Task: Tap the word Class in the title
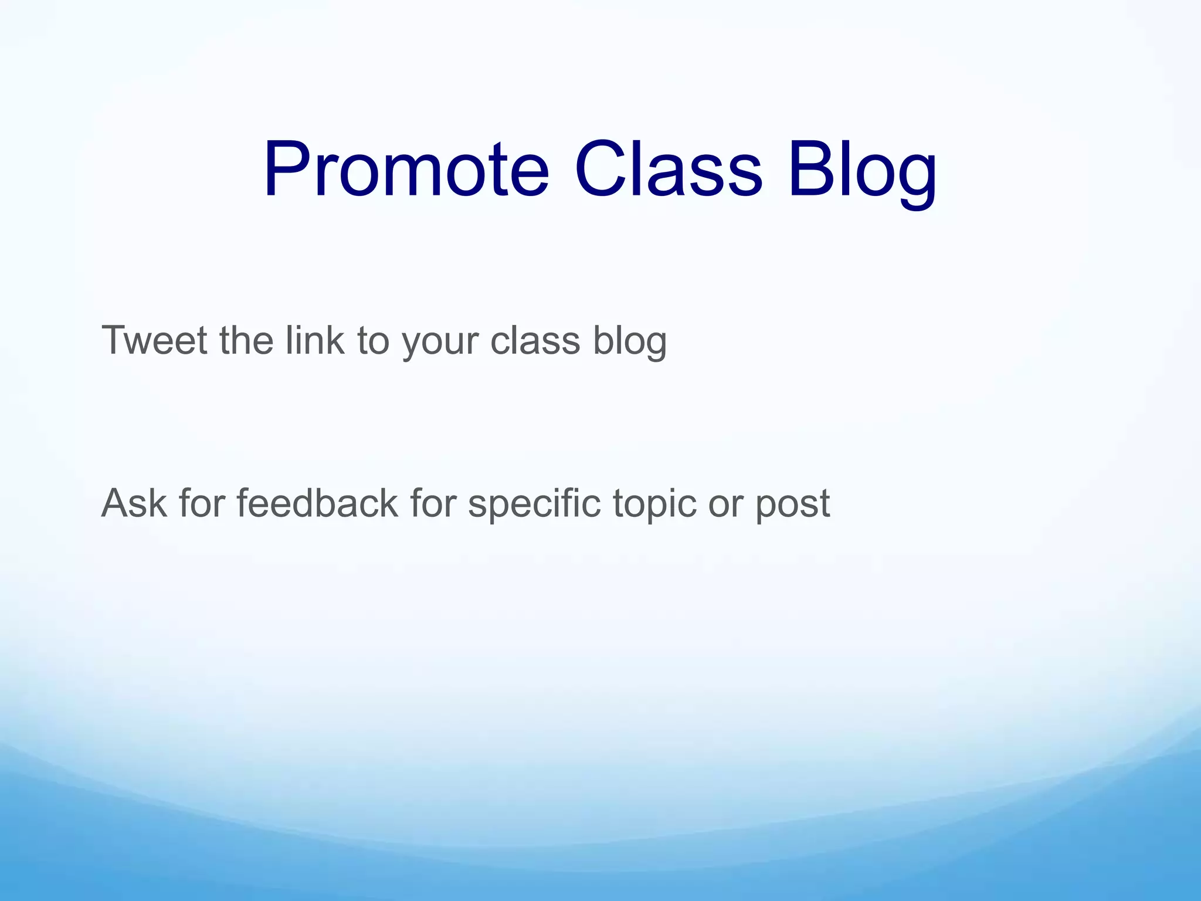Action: pos(668,170)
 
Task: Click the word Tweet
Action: pos(154,340)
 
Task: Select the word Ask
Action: pos(134,503)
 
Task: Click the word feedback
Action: pos(317,503)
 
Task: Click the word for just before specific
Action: pos(433,503)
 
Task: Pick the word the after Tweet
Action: pos(246,340)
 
